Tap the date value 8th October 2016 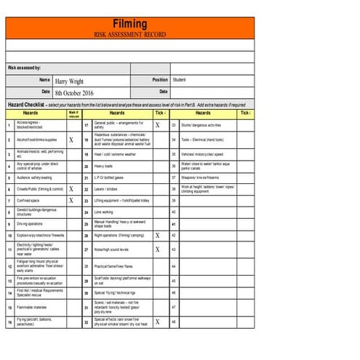tap(74, 93)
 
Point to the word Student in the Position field tap(179, 80)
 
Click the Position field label tap(160, 80)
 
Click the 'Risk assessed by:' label tap(24, 68)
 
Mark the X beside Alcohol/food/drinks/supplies tap(71, 139)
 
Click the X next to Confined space tap(71, 200)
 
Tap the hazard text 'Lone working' tap(104, 212)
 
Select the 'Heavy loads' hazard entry tap(104, 166)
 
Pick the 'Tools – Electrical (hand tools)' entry tap(202, 139)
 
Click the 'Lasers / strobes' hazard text tap(107, 188)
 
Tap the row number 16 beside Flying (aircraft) tap(9, 321)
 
